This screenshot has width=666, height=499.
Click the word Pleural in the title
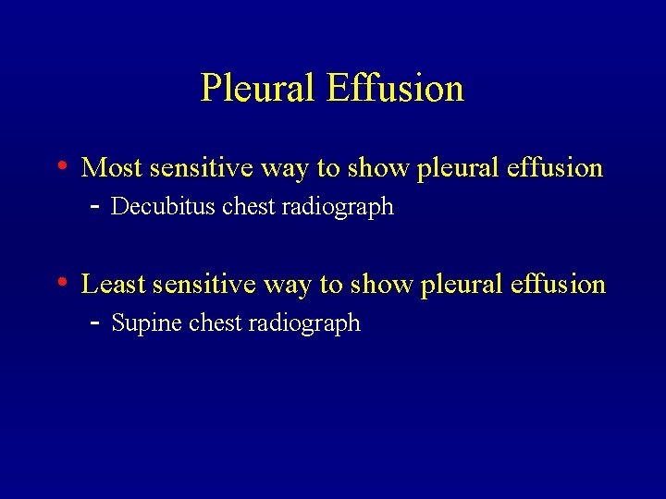click(x=258, y=89)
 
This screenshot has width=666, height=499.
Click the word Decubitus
click(x=163, y=207)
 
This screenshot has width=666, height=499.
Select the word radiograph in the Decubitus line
click(x=348, y=207)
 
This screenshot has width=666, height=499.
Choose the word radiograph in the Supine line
click(x=314, y=323)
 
